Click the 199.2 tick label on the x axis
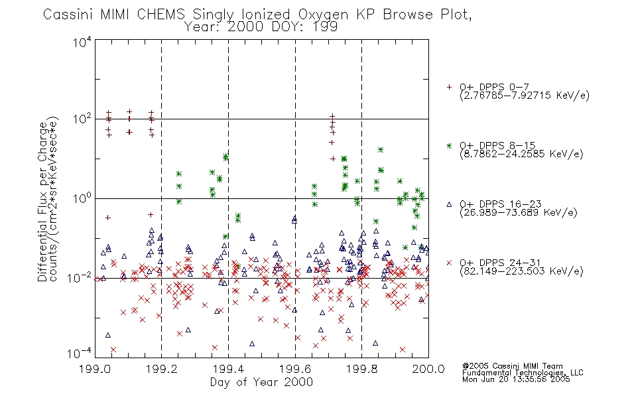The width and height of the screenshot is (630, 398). (162, 369)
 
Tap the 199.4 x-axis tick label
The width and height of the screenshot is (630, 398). (228, 369)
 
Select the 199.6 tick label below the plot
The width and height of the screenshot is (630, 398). (295, 369)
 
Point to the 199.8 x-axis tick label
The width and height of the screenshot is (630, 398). (361, 369)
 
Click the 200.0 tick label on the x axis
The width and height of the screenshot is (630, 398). (428, 369)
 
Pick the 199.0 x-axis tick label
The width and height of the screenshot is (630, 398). (95, 369)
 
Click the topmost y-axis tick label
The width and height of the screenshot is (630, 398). (82, 42)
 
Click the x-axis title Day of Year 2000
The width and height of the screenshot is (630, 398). (261, 382)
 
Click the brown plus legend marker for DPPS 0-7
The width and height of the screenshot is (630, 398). (449, 87)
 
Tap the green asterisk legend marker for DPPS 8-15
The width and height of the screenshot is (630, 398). (449, 146)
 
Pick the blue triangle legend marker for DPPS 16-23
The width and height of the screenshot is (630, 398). (449, 204)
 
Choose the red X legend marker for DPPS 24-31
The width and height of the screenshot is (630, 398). (449, 263)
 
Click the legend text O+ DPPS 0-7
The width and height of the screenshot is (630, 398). (495, 87)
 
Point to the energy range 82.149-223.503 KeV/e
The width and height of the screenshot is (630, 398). (521, 271)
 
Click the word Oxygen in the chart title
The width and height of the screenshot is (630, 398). (323, 15)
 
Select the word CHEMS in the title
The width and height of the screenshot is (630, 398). (160, 14)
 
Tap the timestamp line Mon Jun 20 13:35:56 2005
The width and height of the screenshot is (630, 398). (516, 379)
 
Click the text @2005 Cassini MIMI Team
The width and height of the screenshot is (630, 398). (512, 366)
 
